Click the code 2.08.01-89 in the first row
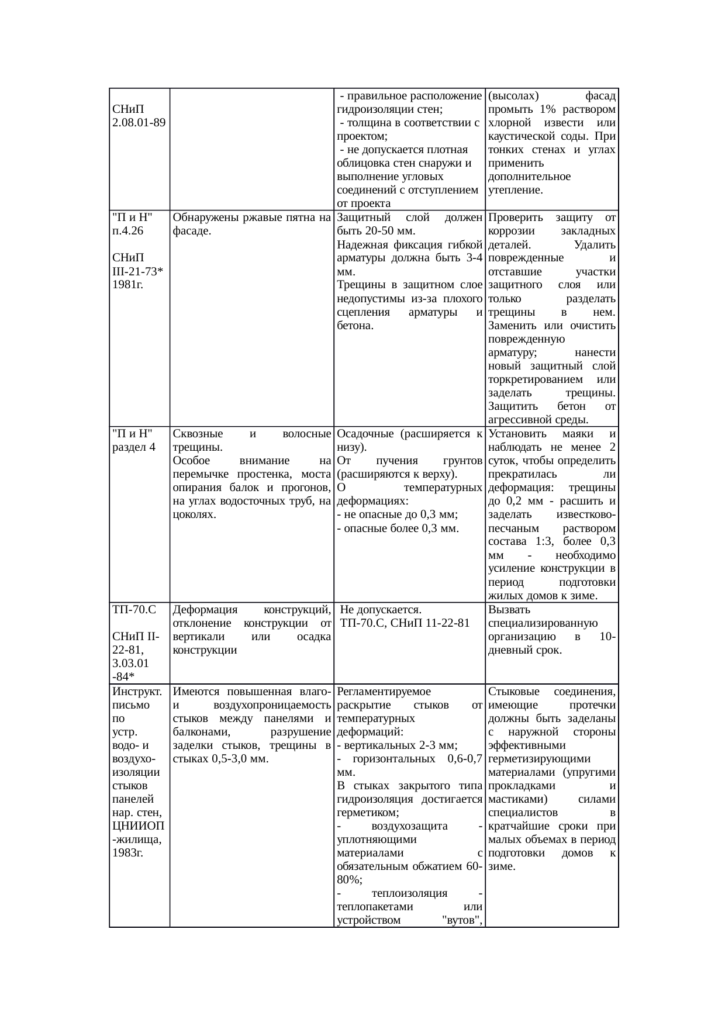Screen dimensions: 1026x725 tap(139, 123)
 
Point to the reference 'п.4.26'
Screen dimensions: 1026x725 tap(127, 231)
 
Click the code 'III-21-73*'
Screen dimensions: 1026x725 tap(139, 271)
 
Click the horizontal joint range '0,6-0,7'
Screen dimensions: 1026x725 tap(461, 759)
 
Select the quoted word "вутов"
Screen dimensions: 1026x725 tap(465, 920)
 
